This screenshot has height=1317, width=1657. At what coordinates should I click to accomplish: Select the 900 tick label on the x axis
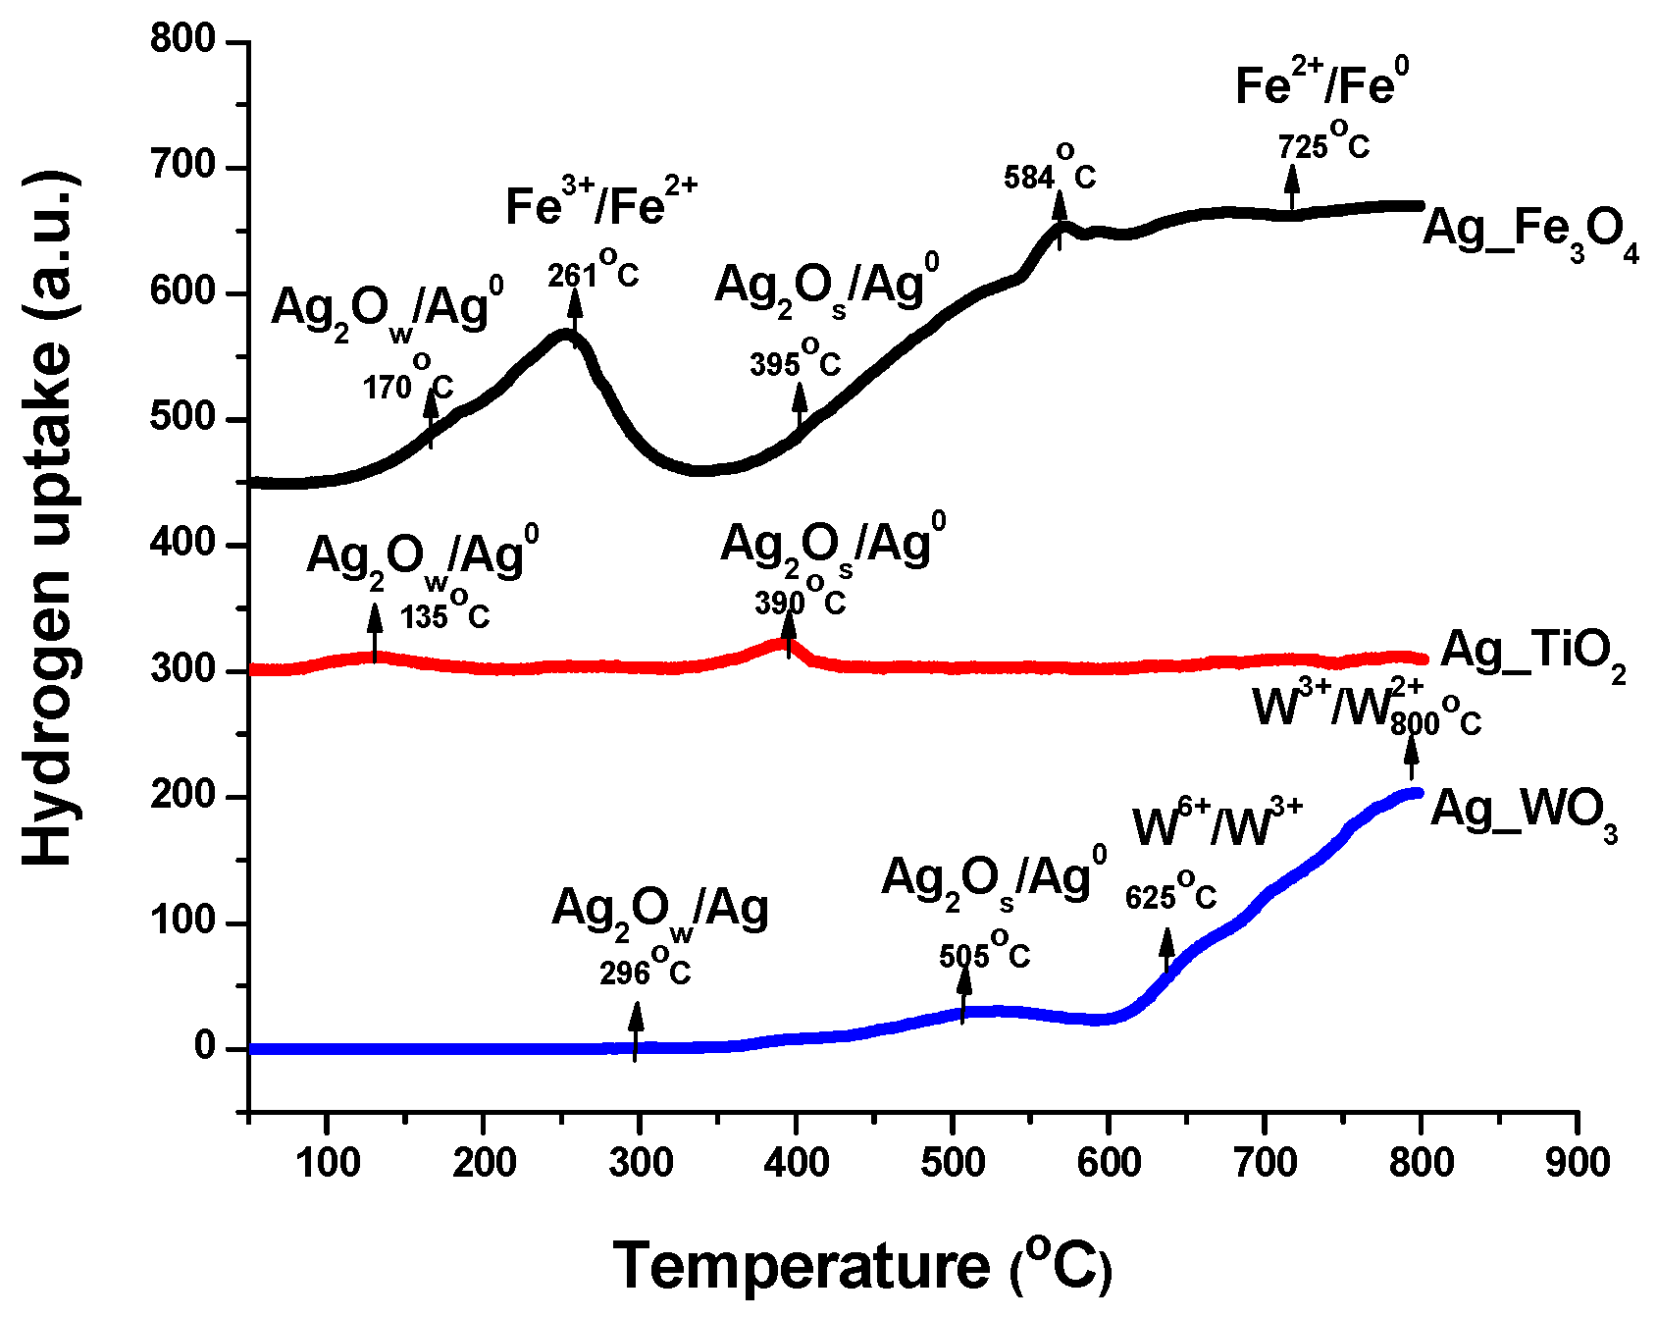(x=1578, y=1163)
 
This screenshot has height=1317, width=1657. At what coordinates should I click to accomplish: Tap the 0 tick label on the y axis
(x=204, y=1047)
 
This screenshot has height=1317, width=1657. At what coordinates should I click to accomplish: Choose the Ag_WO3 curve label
(x=1524, y=814)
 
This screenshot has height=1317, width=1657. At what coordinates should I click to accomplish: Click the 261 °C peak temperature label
(x=594, y=272)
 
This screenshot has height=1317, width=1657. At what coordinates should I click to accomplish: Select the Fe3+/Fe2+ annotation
(x=600, y=204)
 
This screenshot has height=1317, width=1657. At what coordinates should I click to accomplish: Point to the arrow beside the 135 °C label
(x=374, y=632)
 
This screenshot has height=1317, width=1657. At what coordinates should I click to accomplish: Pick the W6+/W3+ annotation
(x=1217, y=824)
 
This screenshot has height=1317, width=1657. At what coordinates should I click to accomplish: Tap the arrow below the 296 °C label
(x=636, y=1029)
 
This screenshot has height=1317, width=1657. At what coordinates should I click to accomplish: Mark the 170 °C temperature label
(x=408, y=384)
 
